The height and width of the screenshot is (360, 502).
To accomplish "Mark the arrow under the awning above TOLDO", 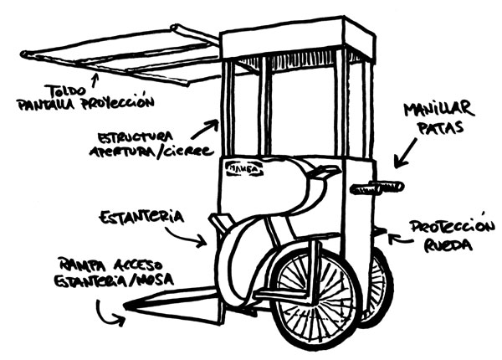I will click(95, 79).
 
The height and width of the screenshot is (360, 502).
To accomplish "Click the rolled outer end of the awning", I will click(25, 55).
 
